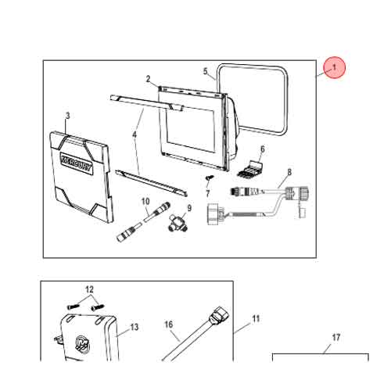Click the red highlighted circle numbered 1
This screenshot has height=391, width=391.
tap(335, 67)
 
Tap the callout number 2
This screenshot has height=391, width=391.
tap(148, 79)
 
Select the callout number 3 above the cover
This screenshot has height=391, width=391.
tap(68, 116)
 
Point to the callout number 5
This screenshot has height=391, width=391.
tap(206, 71)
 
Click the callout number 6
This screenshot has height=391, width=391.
tap(263, 149)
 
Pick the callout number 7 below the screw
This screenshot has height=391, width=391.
tap(208, 194)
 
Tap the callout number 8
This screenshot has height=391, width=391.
tap(289, 172)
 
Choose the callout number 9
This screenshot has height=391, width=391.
tap(189, 208)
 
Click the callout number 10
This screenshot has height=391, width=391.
tap(145, 201)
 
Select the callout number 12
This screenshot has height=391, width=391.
tap(89, 289)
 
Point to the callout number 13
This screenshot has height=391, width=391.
tap(135, 327)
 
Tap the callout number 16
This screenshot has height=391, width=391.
tap(169, 325)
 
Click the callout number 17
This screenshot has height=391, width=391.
tap(336, 338)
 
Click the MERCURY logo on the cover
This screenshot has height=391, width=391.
tap(76, 163)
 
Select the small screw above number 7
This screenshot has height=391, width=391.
tap(210, 178)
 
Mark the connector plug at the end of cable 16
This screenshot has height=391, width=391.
tap(217, 317)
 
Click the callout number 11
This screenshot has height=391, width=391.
tap(256, 319)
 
